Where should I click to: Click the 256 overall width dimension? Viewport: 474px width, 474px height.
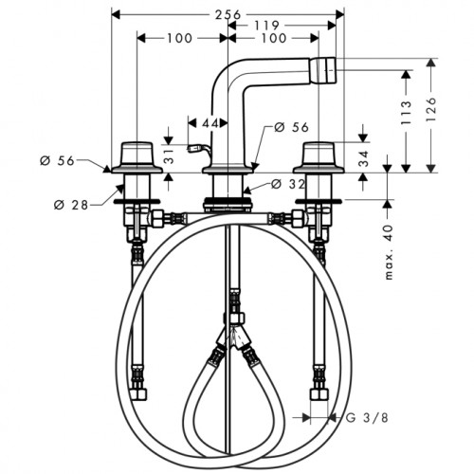(x=228, y=15)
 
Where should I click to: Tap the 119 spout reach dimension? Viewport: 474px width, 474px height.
(x=266, y=26)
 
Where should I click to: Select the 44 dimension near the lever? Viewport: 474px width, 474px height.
(x=210, y=123)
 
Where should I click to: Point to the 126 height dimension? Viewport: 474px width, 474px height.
(x=431, y=110)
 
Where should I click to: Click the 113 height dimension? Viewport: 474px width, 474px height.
(x=407, y=113)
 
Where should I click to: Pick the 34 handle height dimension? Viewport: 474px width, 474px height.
(x=364, y=159)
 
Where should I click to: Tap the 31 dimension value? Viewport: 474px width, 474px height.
(x=170, y=156)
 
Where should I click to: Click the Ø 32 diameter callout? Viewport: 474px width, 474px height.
(x=288, y=184)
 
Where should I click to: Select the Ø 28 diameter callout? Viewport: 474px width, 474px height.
(x=71, y=206)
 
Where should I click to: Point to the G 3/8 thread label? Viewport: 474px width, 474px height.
(x=367, y=418)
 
